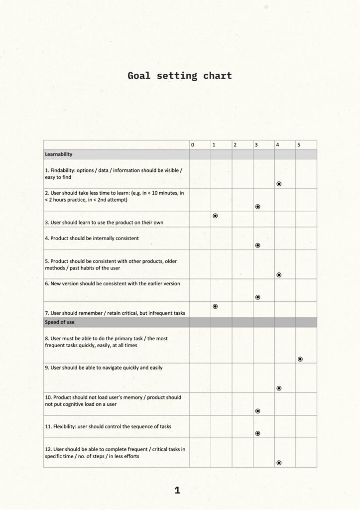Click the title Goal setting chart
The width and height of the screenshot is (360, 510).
tap(180, 76)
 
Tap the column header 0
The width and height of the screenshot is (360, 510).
tap(193, 145)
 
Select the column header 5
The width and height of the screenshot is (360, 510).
tap(299, 145)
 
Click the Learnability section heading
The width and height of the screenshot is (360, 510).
tap(59, 154)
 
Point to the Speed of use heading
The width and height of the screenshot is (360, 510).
tap(60, 322)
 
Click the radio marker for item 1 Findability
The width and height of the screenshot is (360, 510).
tap(279, 184)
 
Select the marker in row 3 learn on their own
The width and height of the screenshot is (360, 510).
tap(215, 216)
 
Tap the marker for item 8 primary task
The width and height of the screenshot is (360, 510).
tap(300, 359)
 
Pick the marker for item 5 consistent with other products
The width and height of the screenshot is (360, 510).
tap(279, 274)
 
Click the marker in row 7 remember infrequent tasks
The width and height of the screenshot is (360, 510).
tap(215, 306)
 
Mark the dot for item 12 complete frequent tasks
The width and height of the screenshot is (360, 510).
tap(279, 463)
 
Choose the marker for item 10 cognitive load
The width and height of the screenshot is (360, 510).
tap(257, 411)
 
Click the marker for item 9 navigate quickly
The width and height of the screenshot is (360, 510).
tap(279, 388)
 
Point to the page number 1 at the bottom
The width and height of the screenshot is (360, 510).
tap(177, 491)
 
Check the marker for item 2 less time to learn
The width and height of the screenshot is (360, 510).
tap(257, 206)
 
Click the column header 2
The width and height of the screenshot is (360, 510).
tap(235, 145)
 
